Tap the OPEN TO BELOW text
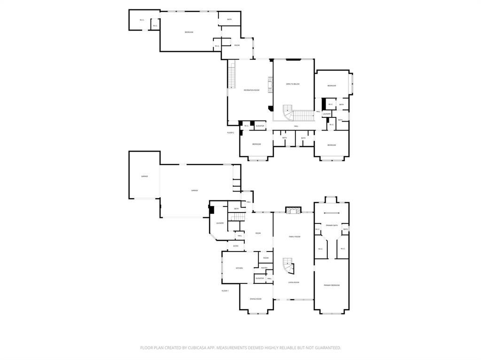pyautogui.click(x=293, y=84)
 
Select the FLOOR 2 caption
pyautogui.click(x=231, y=133)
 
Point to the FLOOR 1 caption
pyautogui.click(x=225, y=291)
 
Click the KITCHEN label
pyautogui.click(x=239, y=268)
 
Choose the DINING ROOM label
pyautogui.click(x=256, y=299)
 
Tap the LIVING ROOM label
pyautogui.click(x=294, y=282)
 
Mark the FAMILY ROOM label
pyautogui.click(x=295, y=237)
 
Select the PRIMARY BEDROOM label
pyautogui.click(x=332, y=285)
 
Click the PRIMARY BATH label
pyautogui.click(x=332, y=225)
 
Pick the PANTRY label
pyautogui.click(x=264, y=268)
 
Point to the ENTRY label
pyautogui.click(x=235, y=246)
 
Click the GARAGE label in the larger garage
pyautogui.click(x=194, y=191)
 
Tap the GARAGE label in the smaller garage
pyautogui.click(x=145, y=176)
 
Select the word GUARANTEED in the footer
pyautogui.click(x=325, y=348)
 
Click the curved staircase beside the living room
pyautogui.click(x=288, y=268)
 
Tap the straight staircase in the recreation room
pyautogui.click(x=231, y=75)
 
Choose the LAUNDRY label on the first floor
pyautogui.click(x=219, y=223)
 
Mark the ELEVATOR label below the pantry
pyautogui.click(x=259, y=278)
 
